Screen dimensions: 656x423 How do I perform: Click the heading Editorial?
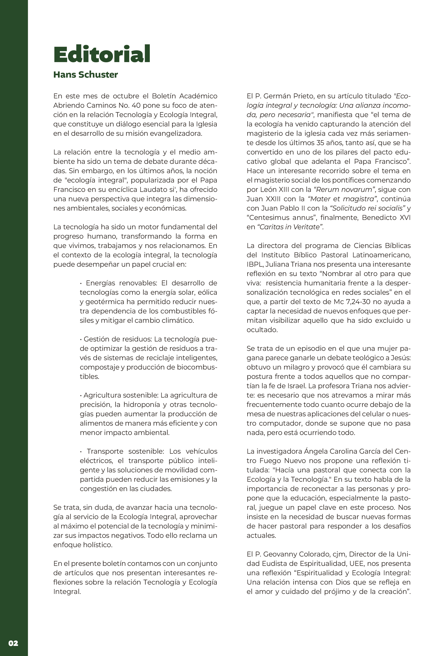(102, 54)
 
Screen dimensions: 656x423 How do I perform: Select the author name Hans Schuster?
(85, 75)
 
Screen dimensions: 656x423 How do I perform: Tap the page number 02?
(13, 643)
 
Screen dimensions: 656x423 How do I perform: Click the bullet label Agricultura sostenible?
(121, 395)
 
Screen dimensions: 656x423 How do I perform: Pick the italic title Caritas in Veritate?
(290, 227)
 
